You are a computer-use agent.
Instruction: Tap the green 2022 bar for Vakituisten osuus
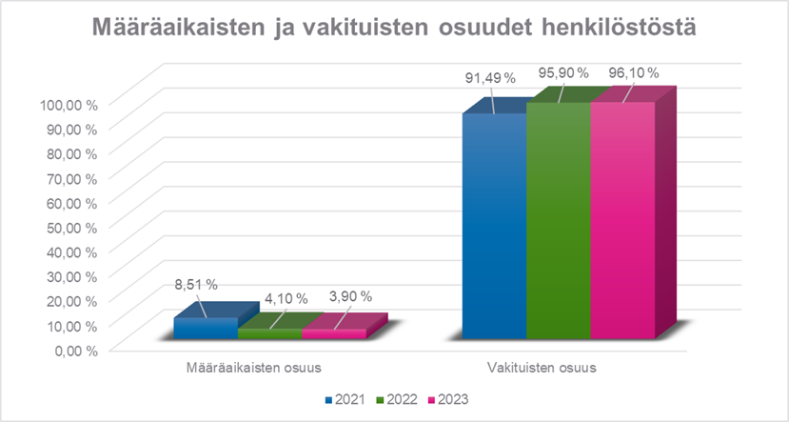tap(558, 219)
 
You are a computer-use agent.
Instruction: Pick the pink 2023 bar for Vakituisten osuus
tap(622, 219)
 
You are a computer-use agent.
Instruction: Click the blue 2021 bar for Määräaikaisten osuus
tap(205, 328)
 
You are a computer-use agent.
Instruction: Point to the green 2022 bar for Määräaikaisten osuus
tap(269, 333)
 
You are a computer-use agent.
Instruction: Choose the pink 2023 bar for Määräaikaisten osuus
tap(334, 333)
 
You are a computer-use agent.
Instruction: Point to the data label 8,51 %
tap(195, 284)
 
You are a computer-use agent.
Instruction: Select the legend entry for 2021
tap(347, 399)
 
